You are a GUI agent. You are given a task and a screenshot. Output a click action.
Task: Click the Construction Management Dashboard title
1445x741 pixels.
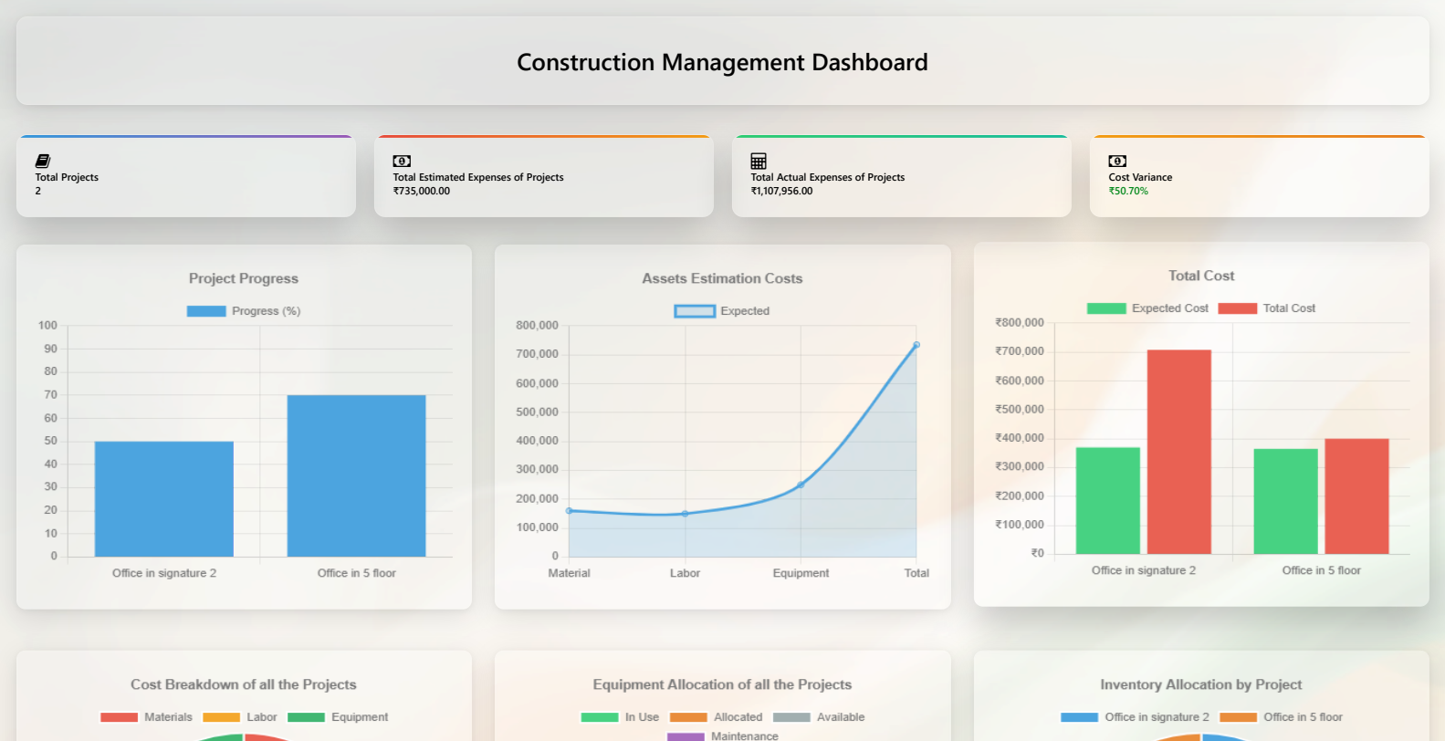722,62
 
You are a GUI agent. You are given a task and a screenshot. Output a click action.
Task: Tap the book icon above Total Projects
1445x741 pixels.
42,161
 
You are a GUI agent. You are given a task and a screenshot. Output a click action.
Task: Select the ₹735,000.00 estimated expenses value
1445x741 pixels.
421,191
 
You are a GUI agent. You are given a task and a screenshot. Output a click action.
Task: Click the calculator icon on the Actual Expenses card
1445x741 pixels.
759,161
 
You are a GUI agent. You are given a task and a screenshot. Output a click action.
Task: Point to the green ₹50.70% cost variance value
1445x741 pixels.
1128,191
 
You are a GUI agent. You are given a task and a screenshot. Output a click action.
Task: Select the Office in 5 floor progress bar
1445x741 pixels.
356,475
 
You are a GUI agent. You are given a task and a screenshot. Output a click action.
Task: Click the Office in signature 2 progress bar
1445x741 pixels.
164,498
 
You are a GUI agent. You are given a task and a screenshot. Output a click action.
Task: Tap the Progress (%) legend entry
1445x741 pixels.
244,311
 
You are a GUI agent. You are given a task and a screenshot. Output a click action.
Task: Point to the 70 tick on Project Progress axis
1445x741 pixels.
50,394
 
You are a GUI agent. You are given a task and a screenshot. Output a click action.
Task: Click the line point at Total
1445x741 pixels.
916,345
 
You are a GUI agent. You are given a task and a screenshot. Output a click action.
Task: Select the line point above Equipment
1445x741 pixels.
801,485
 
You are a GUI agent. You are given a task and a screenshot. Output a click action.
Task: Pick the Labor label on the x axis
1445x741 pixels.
685,573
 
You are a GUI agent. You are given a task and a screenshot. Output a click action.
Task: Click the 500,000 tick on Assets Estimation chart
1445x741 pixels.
537,412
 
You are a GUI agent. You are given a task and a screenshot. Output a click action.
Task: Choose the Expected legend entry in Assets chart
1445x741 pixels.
722,311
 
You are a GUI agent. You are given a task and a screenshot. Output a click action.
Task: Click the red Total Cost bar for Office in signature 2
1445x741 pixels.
1178,452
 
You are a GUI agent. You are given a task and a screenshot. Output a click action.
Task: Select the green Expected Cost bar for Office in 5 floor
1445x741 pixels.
1285,501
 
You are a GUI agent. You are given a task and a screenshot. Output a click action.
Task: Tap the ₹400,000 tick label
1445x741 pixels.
1020,438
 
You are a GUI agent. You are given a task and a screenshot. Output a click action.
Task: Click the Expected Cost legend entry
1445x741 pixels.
1147,308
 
